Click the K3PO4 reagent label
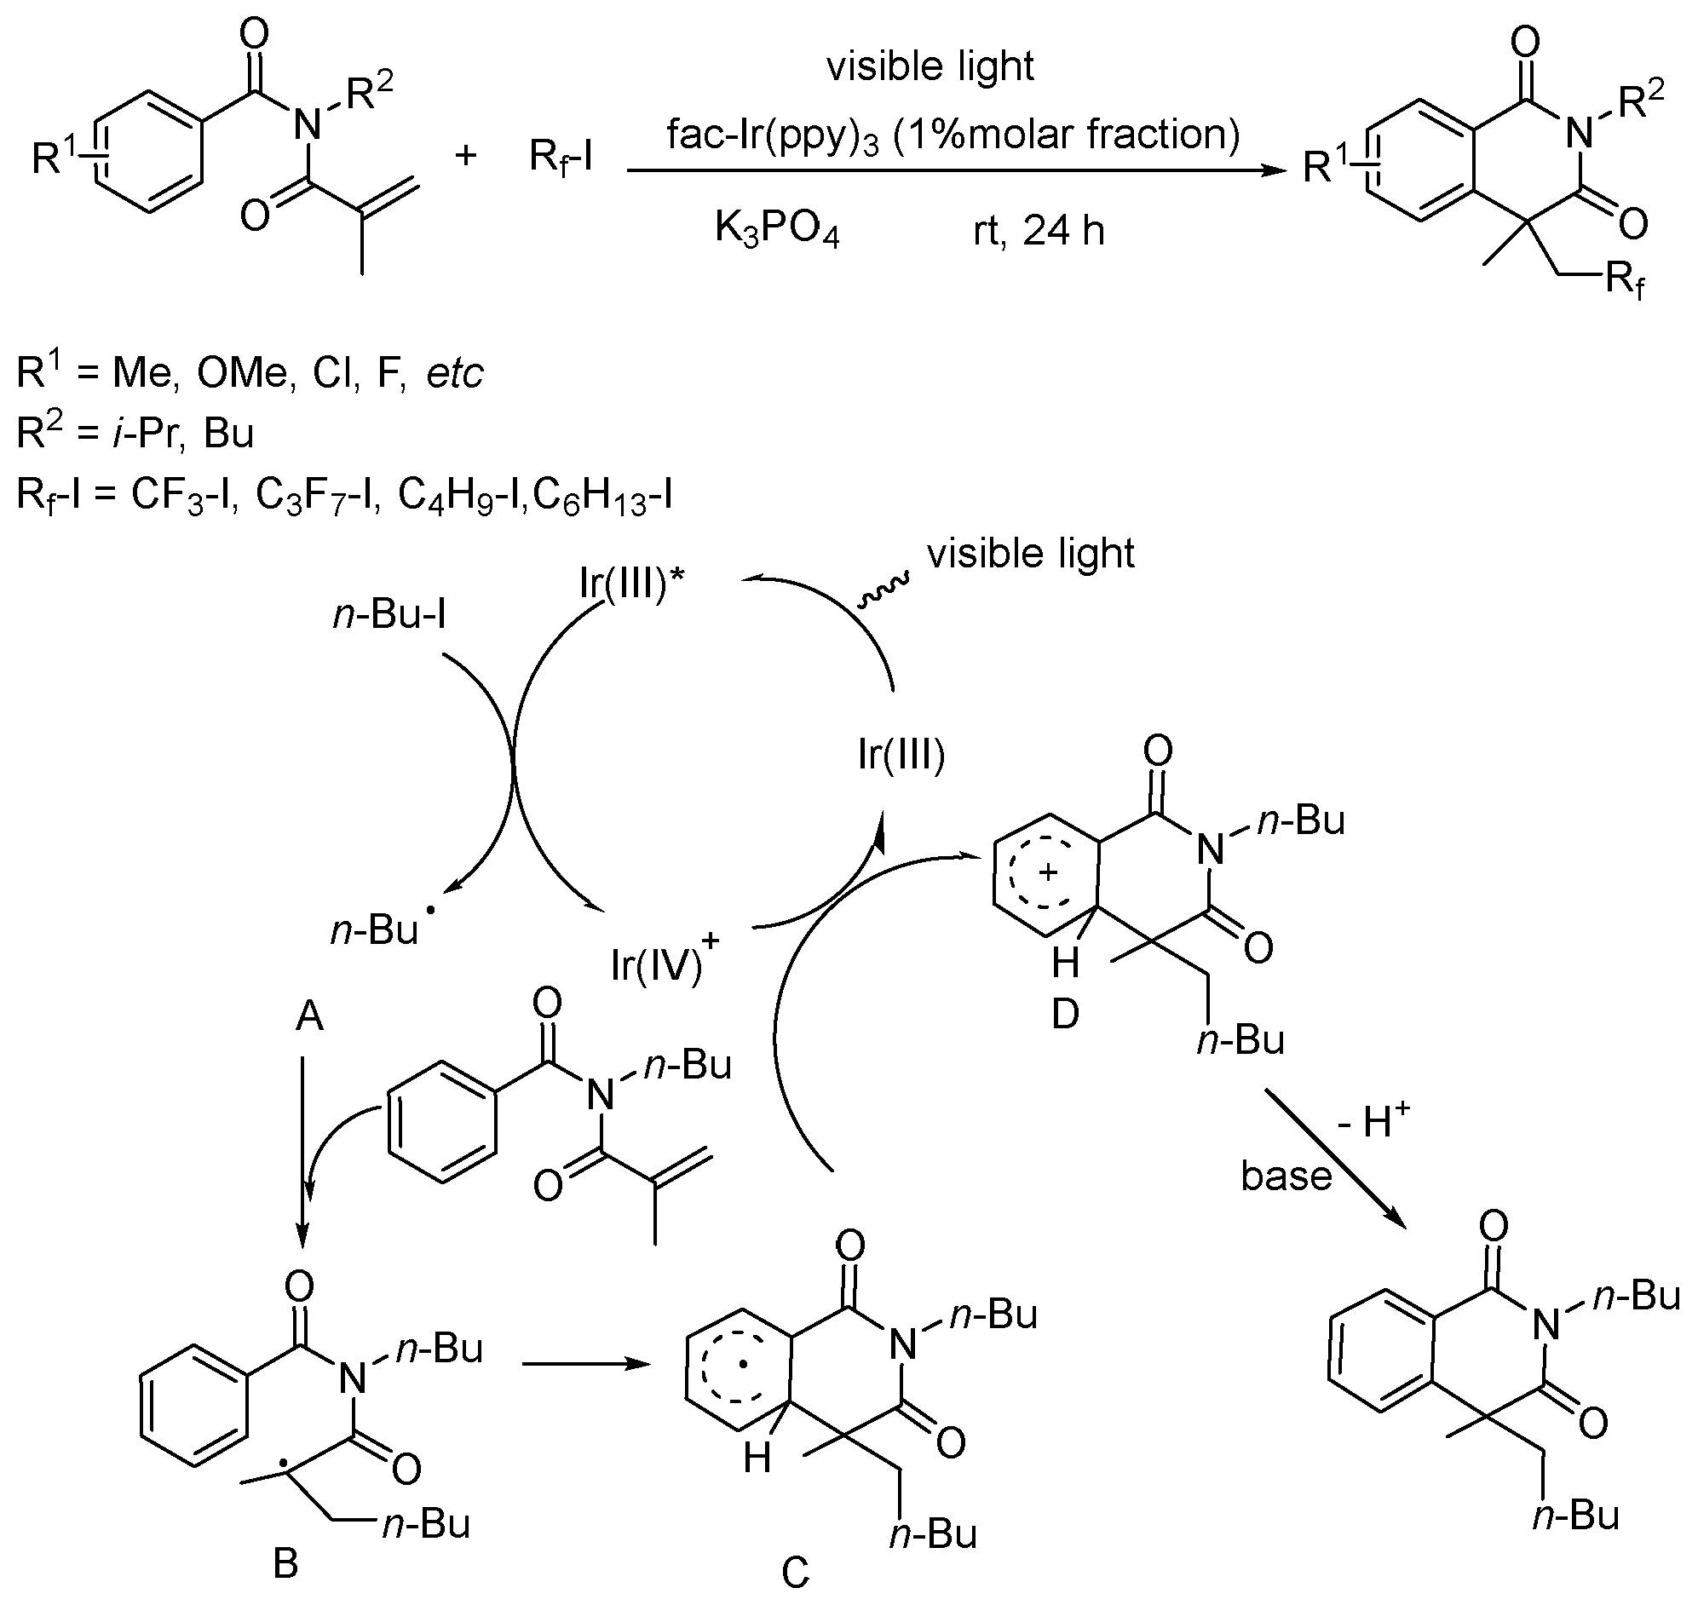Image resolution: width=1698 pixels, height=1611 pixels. [777, 230]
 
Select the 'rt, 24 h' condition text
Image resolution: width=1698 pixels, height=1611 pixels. [1039, 231]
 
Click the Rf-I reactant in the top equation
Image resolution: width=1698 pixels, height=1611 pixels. [561, 157]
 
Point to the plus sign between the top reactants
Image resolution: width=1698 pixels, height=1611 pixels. [465, 155]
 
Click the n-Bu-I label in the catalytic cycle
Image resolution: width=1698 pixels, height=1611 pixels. [390, 615]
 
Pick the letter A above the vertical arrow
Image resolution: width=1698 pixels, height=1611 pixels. [309, 1016]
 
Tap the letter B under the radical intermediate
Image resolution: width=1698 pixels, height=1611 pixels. [285, 1563]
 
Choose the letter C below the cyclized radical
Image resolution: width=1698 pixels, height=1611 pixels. [795, 1573]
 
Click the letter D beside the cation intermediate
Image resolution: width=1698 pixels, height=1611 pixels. [1065, 1014]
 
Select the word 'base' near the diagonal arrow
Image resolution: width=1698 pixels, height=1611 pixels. [1286, 1175]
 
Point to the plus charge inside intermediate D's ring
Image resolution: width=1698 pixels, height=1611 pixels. [1046, 873]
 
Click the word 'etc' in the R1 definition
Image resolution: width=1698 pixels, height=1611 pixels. [455, 372]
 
